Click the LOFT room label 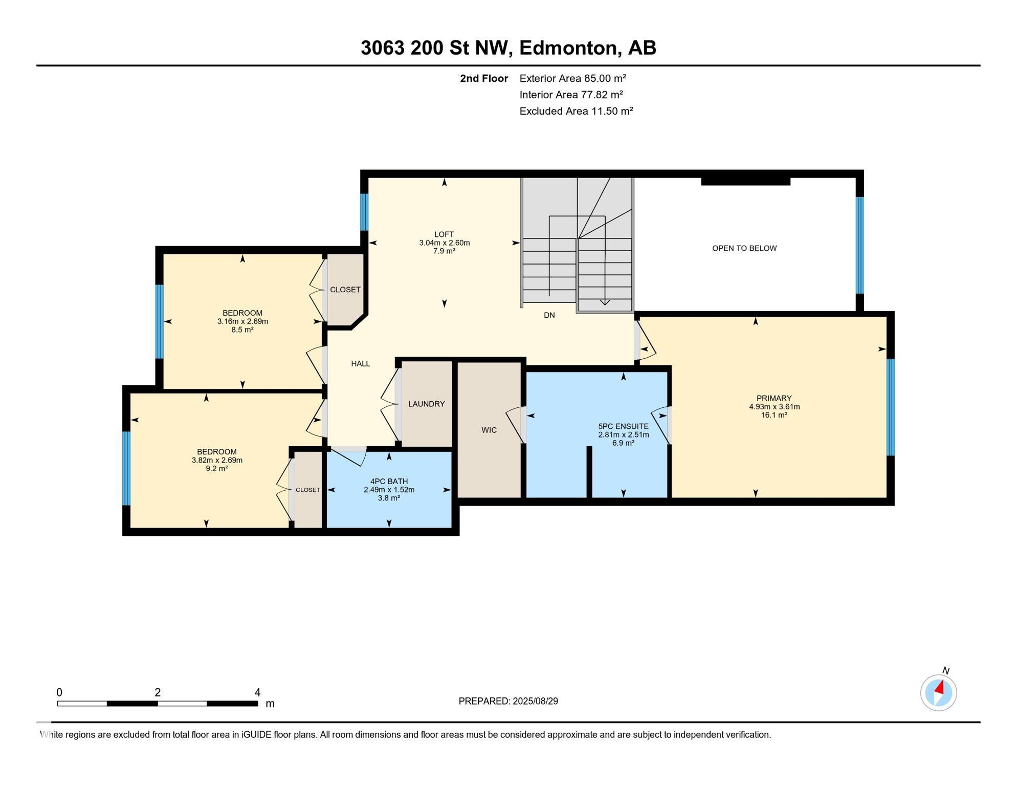point(444,234)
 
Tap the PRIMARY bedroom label point(773,398)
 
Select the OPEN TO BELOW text point(744,248)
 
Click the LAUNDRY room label point(426,404)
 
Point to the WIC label point(489,430)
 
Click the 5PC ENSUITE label point(623,426)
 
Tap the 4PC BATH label point(389,481)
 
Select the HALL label point(360,364)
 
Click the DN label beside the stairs point(549,315)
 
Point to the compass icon point(938,692)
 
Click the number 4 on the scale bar point(257,692)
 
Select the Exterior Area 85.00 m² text point(572,78)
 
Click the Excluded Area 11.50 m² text point(576,111)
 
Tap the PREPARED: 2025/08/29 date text point(508,701)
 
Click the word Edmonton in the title point(570,48)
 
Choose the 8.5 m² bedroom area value point(242,330)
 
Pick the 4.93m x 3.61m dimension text point(774,407)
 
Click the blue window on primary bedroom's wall point(890,407)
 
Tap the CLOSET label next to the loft point(345,290)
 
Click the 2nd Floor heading point(483,78)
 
